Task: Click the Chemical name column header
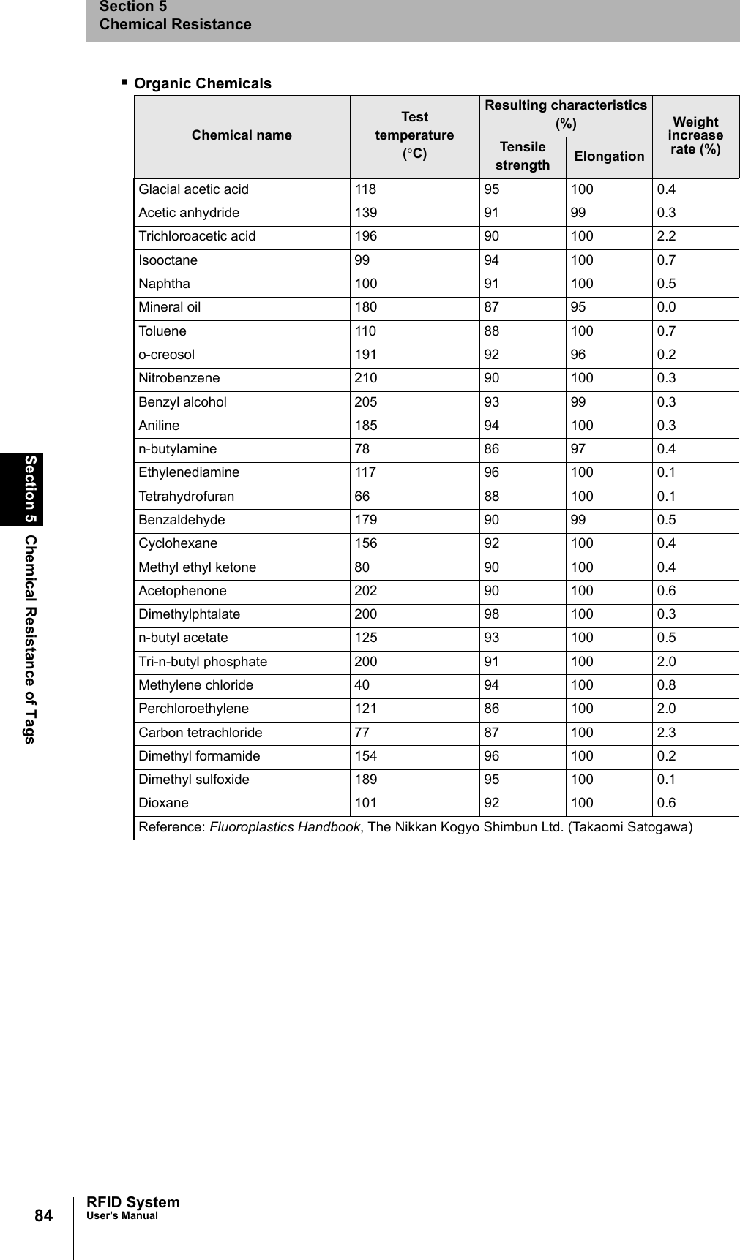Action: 242,135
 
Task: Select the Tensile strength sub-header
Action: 522,156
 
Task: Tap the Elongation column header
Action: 609,156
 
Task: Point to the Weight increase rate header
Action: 695,135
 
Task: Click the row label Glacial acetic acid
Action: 194,189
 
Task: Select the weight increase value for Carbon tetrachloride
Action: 666,732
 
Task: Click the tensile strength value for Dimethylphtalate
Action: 491,614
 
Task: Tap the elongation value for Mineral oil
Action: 578,307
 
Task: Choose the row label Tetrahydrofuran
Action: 187,497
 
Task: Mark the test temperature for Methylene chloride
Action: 362,685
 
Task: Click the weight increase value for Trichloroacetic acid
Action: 666,236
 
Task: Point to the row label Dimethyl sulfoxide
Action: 194,780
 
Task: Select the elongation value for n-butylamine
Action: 578,449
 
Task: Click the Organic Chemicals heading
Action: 202,83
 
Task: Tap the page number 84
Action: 44,1215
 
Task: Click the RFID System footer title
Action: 132,1202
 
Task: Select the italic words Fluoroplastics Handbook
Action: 285,827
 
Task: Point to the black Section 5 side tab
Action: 31,488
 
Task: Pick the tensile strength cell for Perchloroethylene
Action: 491,709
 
